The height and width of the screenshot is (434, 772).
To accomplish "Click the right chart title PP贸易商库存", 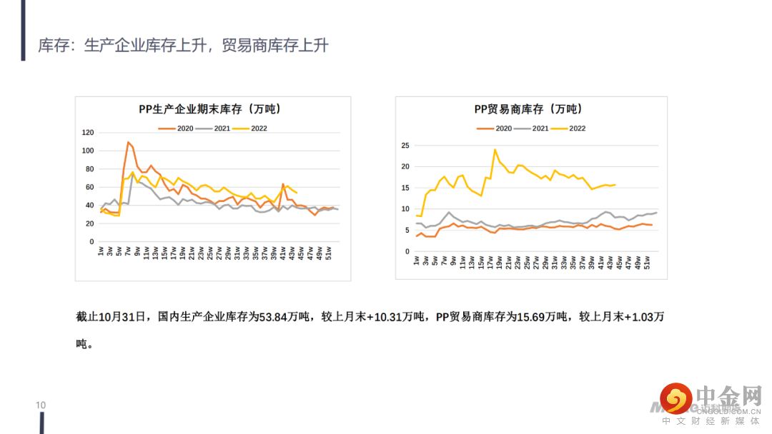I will (x=528, y=109).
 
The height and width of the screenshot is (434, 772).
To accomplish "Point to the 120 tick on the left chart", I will (x=88, y=133).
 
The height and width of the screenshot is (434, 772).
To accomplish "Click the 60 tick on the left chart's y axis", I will (x=89, y=187).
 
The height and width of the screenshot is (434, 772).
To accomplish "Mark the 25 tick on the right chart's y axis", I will (x=405, y=146).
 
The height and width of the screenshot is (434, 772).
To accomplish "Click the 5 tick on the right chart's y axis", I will (x=407, y=231).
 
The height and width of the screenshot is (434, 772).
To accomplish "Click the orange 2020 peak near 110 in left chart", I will (x=128, y=142).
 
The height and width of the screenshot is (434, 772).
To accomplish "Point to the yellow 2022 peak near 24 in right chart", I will (x=495, y=150).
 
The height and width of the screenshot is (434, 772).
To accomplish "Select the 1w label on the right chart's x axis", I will (x=417, y=260).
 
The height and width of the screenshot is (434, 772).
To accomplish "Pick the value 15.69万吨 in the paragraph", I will (x=544, y=317).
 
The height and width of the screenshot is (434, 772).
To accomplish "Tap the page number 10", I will (x=41, y=405).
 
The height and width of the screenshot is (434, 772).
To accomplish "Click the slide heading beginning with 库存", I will (x=184, y=46).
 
